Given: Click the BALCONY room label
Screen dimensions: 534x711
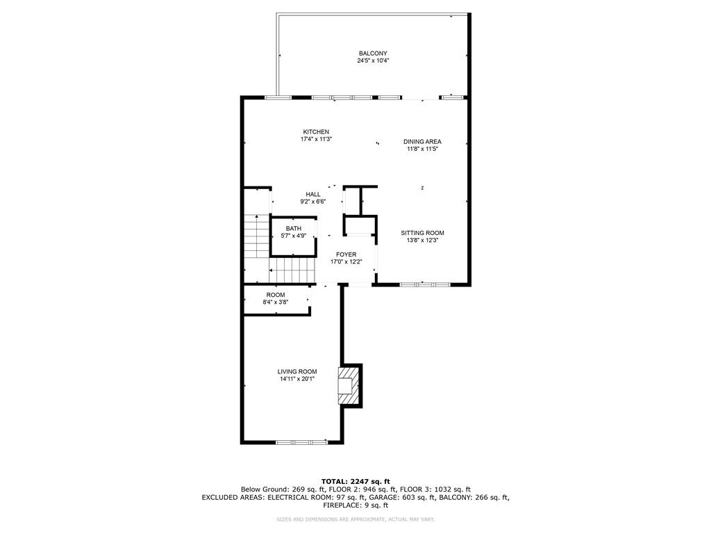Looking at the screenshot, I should (x=373, y=54).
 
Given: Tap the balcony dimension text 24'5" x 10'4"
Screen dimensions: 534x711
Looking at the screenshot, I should (x=373, y=60).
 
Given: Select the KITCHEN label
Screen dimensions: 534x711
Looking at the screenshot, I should (x=316, y=132).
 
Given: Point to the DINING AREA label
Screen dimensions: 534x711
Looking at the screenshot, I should (x=422, y=142).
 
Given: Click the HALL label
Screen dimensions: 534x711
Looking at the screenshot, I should (x=313, y=195).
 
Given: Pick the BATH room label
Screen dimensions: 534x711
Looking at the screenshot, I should (x=294, y=228).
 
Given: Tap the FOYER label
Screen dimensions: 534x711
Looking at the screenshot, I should (x=346, y=254).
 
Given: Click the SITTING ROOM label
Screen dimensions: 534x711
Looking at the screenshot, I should (x=422, y=233).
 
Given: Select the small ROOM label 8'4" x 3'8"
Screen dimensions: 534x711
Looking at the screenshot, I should (x=276, y=295).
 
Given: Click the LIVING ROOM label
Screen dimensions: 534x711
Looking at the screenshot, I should (x=297, y=371).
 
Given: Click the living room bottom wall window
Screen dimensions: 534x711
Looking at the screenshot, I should (x=301, y=442).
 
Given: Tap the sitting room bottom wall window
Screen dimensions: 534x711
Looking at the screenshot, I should (x=425, y=284).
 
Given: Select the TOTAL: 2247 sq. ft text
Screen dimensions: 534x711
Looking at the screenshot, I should (x=355, y=481).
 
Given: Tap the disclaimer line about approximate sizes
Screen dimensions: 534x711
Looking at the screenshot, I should (x=355, y=519).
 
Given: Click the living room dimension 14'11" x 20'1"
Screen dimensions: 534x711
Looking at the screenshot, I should (x=297, y=379).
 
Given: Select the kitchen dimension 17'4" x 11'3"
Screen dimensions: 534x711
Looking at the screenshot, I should (x=316, y=139).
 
